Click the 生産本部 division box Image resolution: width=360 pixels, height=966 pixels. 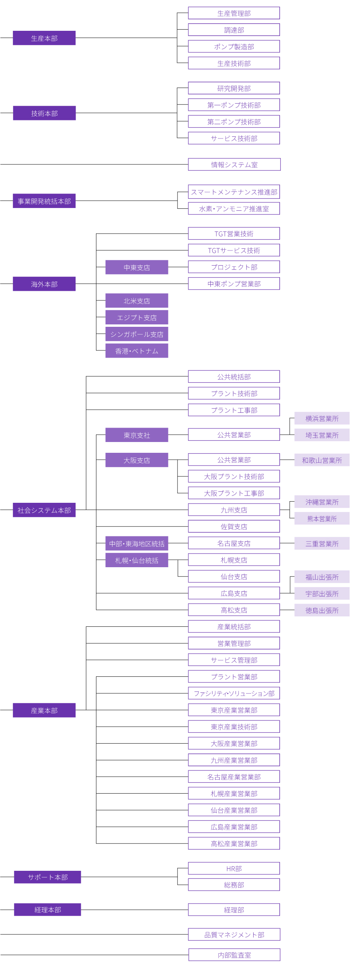pos(44,38)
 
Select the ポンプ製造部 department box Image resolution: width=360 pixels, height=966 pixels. pos(234,46)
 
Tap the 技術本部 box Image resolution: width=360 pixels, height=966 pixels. pos(44,113)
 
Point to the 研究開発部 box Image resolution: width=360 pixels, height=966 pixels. pos(234,88)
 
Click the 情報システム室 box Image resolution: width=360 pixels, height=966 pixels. pos(234,164)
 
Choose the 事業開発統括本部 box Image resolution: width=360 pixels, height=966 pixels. pos(44,201)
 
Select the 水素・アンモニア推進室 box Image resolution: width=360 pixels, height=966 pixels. pos(234,208)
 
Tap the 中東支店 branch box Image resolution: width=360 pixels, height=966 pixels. pos(136,267)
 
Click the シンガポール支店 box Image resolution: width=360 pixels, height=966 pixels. pos(136,334)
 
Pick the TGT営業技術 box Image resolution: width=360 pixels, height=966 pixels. pos(234,234)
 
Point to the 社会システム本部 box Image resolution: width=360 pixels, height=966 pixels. pos(44,510)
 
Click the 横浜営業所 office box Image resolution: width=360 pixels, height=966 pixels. pos(322,418)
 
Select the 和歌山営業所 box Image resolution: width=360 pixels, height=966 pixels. pos(322,460)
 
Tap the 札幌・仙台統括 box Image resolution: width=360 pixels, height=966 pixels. pos(136,560)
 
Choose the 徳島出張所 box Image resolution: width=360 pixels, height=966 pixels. pos(322,610)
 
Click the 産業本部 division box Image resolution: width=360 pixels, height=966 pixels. pos(44,710)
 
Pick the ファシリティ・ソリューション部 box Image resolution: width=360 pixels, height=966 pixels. pos(234,693)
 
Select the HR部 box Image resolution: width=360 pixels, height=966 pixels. pos(234,868)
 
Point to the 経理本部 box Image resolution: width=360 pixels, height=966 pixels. pos(47,910)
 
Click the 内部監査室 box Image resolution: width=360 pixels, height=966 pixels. pos(234,955)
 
